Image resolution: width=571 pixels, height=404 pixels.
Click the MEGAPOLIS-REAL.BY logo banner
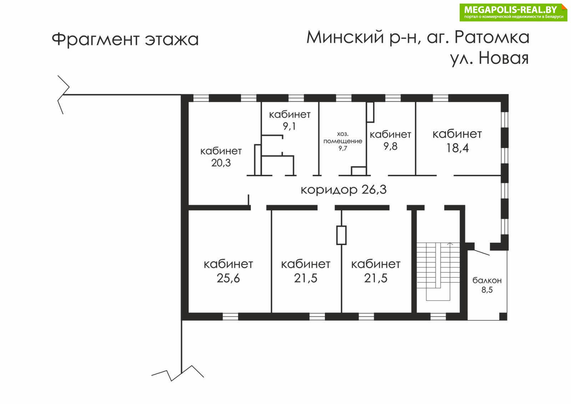pyautogui.click(x=514, y=12)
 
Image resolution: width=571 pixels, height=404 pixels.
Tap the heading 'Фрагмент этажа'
pyautogui.click(x=125, y=40)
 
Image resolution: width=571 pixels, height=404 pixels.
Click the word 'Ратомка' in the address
pyautogui.click(x=492, y=37)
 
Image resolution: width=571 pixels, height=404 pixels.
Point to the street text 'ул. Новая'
pyautogui.click(x=489, y=59)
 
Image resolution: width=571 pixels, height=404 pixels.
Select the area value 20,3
pyautogui.click(x=221, y=163)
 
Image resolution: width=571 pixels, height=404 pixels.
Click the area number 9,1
pyautogui.click(x=289, y=126)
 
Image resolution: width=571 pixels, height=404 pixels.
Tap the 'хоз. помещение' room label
pyautogui.click(x=343, y=138)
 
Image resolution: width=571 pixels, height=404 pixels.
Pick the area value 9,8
pyautogui.click(x=390, y=146)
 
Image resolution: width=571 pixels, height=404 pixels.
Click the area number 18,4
pyautogui.click(x=457, y=148)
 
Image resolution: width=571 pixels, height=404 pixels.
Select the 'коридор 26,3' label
pyautogui.click(x=344, y=190)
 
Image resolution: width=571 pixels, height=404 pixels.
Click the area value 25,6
pyautogui.click(x=228, y=278)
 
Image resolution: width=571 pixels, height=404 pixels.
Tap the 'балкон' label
pyautogui.click(x=487, y=280)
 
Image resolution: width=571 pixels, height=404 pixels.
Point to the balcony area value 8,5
pyautogui.click(x=487, y=290)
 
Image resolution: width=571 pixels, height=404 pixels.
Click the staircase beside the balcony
pyautogui.click(x=438, y=271)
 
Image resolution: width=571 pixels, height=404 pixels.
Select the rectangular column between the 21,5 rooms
pyautogui.click(x=341, y=235)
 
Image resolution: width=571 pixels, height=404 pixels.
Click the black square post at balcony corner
pyautogui.click(x=503, y=316)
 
